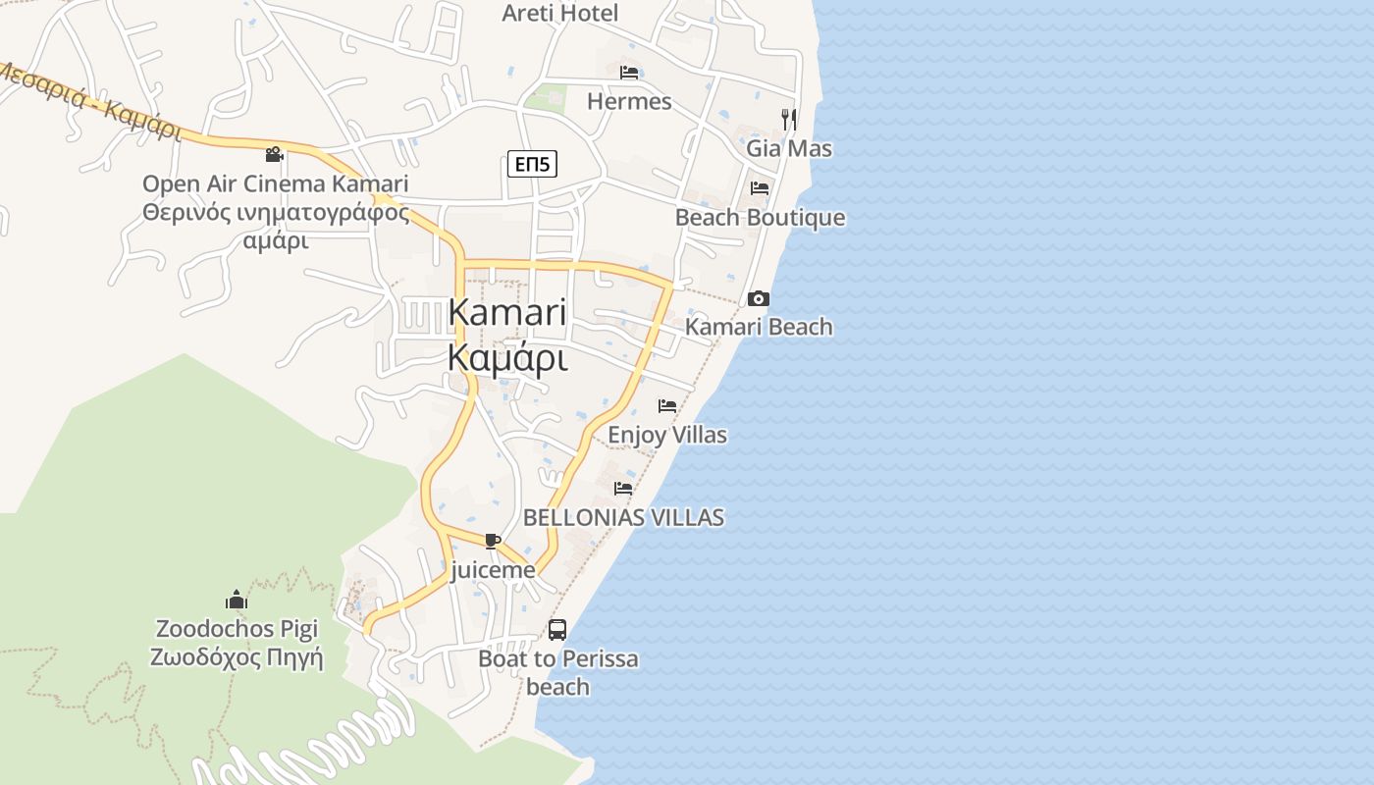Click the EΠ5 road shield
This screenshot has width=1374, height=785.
pos(532,164)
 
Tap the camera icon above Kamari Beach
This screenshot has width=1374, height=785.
pos(759,298)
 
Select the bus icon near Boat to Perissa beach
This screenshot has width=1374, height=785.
pos(557,630)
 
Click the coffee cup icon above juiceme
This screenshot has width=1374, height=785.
pos(493,541)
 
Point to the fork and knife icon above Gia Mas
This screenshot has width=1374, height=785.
pos(789,120)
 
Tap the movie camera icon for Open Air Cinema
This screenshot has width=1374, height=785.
pos(275,154)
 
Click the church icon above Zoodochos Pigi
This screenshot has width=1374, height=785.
pos(237,600)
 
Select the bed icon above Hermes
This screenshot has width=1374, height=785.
pos(629,73)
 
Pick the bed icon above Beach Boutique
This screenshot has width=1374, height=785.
pos(760,187)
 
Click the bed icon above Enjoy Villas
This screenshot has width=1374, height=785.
pos(667,405)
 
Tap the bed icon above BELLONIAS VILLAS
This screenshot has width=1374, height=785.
pos(623,488)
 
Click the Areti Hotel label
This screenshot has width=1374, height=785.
pos(560,13)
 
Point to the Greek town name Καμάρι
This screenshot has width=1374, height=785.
pos(506,359)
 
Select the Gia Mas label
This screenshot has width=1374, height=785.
pos(789,148)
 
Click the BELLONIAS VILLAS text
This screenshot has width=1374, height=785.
pos(623,517)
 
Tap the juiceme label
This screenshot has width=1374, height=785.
pos(493,570)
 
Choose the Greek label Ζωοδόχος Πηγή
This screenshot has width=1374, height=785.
pos(237,656)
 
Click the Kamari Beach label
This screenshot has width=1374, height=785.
pos(759,327)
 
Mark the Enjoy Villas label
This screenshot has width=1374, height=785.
pos(667,434)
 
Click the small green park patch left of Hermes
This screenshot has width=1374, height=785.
pos(547,98)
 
